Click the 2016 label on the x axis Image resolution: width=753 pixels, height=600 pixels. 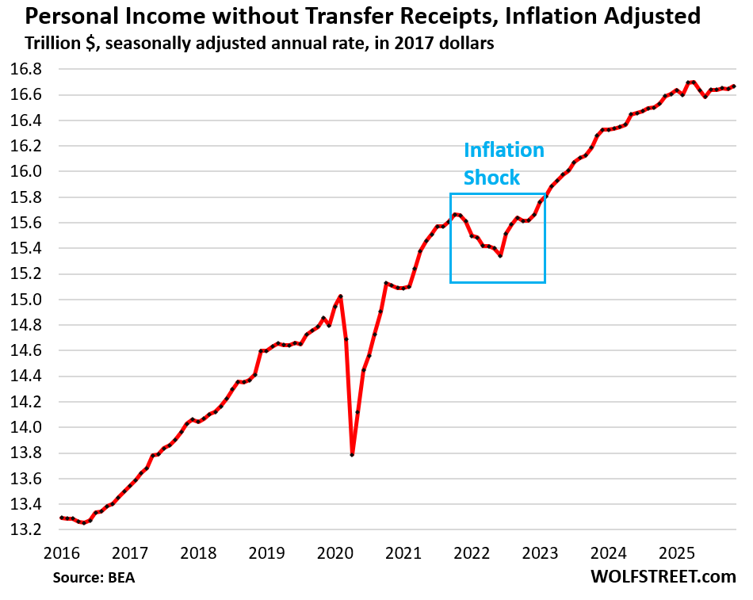pos(60,552)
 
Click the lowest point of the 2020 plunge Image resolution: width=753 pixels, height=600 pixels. pos(352,455)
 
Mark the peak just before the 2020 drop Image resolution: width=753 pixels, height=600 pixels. pos(341,296)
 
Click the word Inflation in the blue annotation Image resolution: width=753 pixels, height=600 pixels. pos(503,151)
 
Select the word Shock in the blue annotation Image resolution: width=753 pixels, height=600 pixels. pos(492,178)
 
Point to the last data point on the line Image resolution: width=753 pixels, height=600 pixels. pos(733,86)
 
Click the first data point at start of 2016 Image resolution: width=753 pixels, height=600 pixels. pos(61,518)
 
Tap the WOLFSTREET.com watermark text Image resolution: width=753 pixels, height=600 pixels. pos(663,577)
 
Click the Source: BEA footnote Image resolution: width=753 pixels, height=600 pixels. pos(94,578)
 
